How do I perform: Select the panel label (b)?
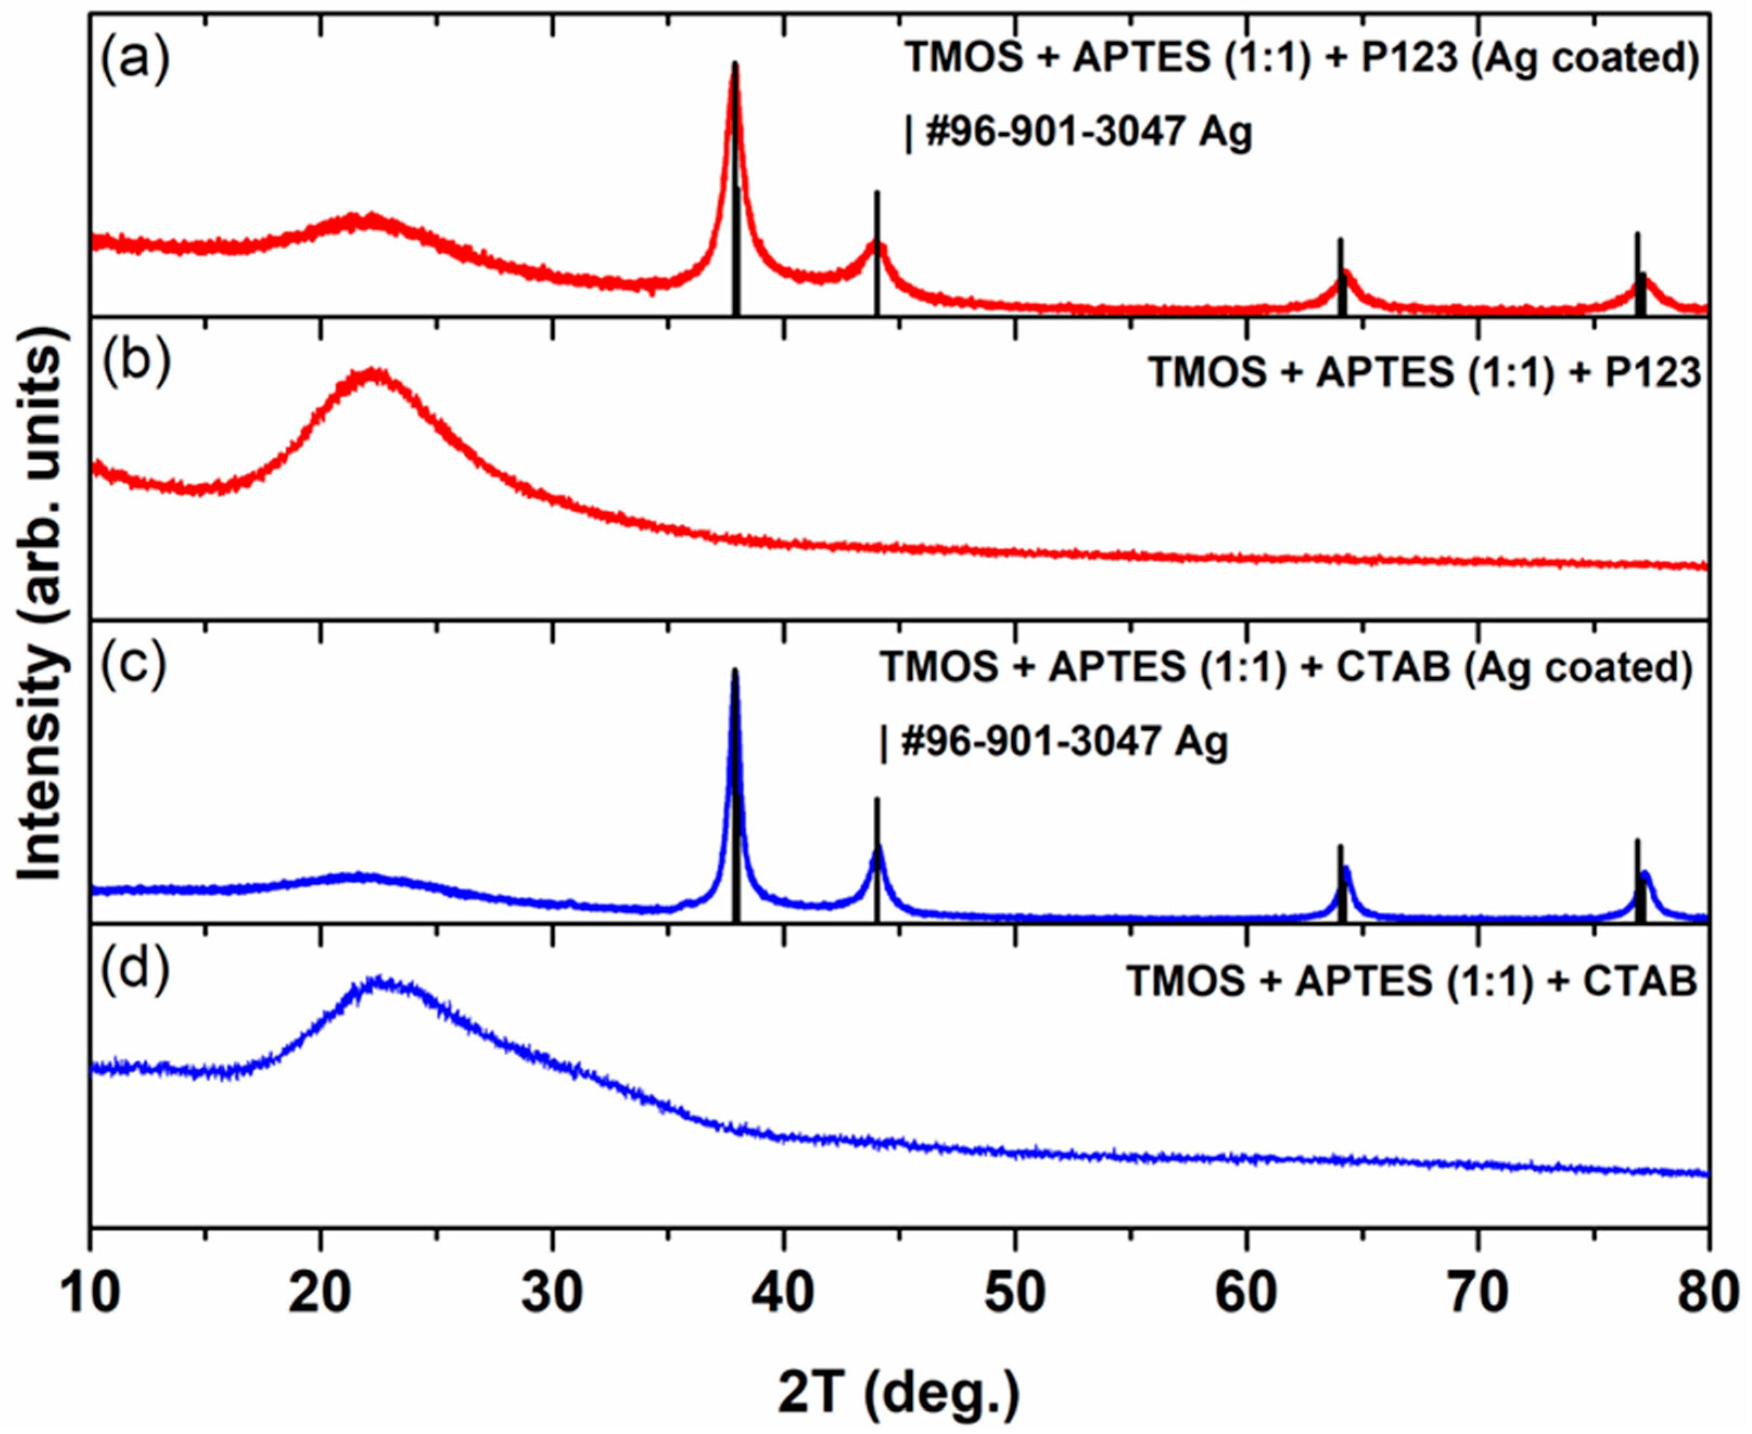coord(135,364)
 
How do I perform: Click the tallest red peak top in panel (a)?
coord(735,65)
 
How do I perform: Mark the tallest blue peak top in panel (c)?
coord(735,671)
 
